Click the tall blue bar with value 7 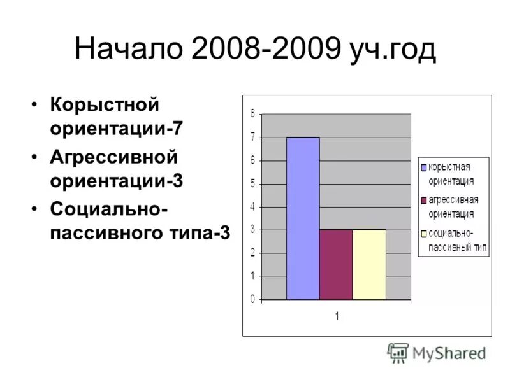point(303,218)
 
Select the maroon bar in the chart point(336,264)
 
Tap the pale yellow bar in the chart point(369,264)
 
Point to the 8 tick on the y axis point(252,114)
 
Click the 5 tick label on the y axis point(252,183)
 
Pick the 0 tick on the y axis point(252,299)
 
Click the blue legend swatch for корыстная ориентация point(423,167)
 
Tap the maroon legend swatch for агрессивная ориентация point(423,200)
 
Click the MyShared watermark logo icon point(398,353)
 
